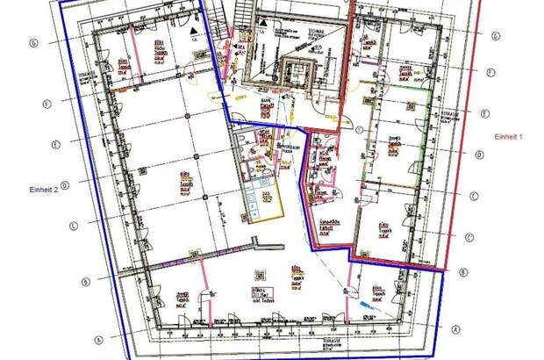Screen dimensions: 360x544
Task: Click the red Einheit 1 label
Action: (x=509, y=137)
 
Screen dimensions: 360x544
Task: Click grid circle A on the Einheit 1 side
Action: (x=455, y=328)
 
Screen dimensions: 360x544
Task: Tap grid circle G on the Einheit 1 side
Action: (x=497, y=36)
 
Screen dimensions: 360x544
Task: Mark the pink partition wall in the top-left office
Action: (x=133, y=53)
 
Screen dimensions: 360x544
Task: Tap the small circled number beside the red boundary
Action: (x=360, y=129)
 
